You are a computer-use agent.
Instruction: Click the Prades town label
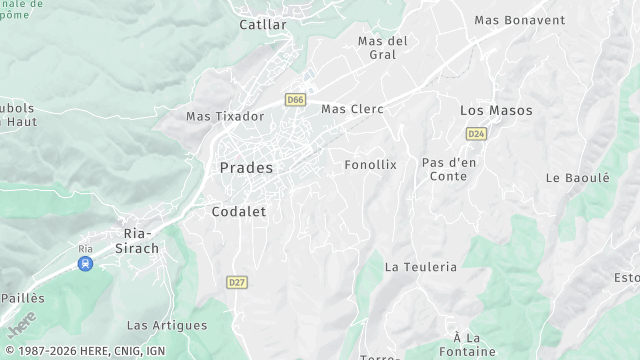(246, 168)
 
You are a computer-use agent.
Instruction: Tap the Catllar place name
(263, 24)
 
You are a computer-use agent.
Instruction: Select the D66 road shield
(294, 100)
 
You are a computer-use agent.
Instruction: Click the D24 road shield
(476, 133)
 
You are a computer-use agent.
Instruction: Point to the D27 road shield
(236, 283)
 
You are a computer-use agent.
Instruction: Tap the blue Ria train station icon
(86, 264)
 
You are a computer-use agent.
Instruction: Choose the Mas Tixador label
(225, 116)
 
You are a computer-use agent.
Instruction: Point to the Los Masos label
(496, 110)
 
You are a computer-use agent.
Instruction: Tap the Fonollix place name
(370, 164)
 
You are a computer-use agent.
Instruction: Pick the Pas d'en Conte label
(448, 169)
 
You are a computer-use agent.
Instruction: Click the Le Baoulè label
(577, 178)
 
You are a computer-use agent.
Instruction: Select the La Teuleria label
(420, 267)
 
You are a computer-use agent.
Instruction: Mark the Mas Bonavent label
(519, 20)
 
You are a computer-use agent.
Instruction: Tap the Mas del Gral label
(383, 48)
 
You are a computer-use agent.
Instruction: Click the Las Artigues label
(167, 325)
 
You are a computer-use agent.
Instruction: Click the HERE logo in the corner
(20, 325)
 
